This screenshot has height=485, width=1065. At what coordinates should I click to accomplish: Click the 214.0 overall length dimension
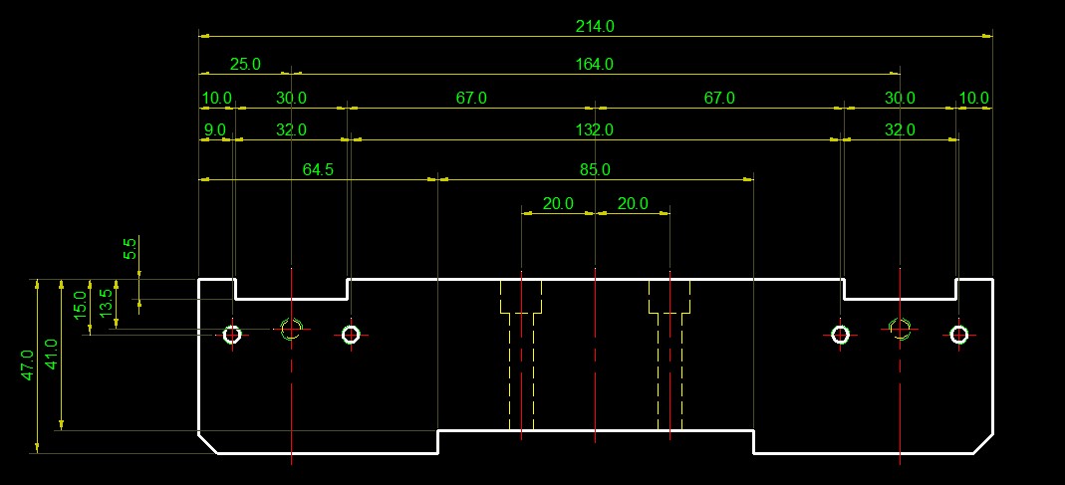pos(595,27)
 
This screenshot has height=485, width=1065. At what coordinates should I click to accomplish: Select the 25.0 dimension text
pos(245,64)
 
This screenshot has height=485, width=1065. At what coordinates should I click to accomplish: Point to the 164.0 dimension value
pos(595,64)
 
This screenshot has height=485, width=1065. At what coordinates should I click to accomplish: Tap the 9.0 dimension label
pos(214,129)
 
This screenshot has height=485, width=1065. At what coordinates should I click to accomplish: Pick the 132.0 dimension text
pos(595,129)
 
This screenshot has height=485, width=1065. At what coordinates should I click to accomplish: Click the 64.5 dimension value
pos(318,170)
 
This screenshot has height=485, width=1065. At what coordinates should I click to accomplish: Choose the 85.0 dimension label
pos(595,170)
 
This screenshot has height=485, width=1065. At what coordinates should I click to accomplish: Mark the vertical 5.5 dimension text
pos(130,249)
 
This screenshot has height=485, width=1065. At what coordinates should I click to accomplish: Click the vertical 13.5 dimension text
pos(107,302)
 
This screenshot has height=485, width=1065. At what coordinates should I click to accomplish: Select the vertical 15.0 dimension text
pos(80,302)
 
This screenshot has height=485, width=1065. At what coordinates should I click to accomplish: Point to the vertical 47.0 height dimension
pos(27,365)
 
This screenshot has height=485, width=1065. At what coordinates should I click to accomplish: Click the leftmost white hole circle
pos(232,335)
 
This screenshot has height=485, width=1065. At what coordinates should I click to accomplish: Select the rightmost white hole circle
pos(958,335)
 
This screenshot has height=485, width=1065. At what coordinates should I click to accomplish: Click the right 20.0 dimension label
pos(633,204)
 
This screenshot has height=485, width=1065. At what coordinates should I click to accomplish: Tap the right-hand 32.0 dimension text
pos(900,129)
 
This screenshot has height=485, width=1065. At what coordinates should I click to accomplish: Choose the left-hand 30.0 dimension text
pos(291,98)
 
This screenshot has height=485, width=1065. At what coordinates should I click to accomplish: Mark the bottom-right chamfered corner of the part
pos(983,443)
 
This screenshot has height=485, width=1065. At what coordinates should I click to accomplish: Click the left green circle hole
pos(291,328)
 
